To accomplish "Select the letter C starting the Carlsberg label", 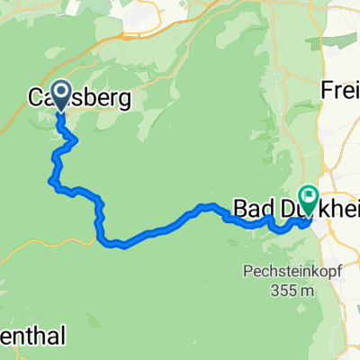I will pyautogui.click(x=36, y=96).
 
